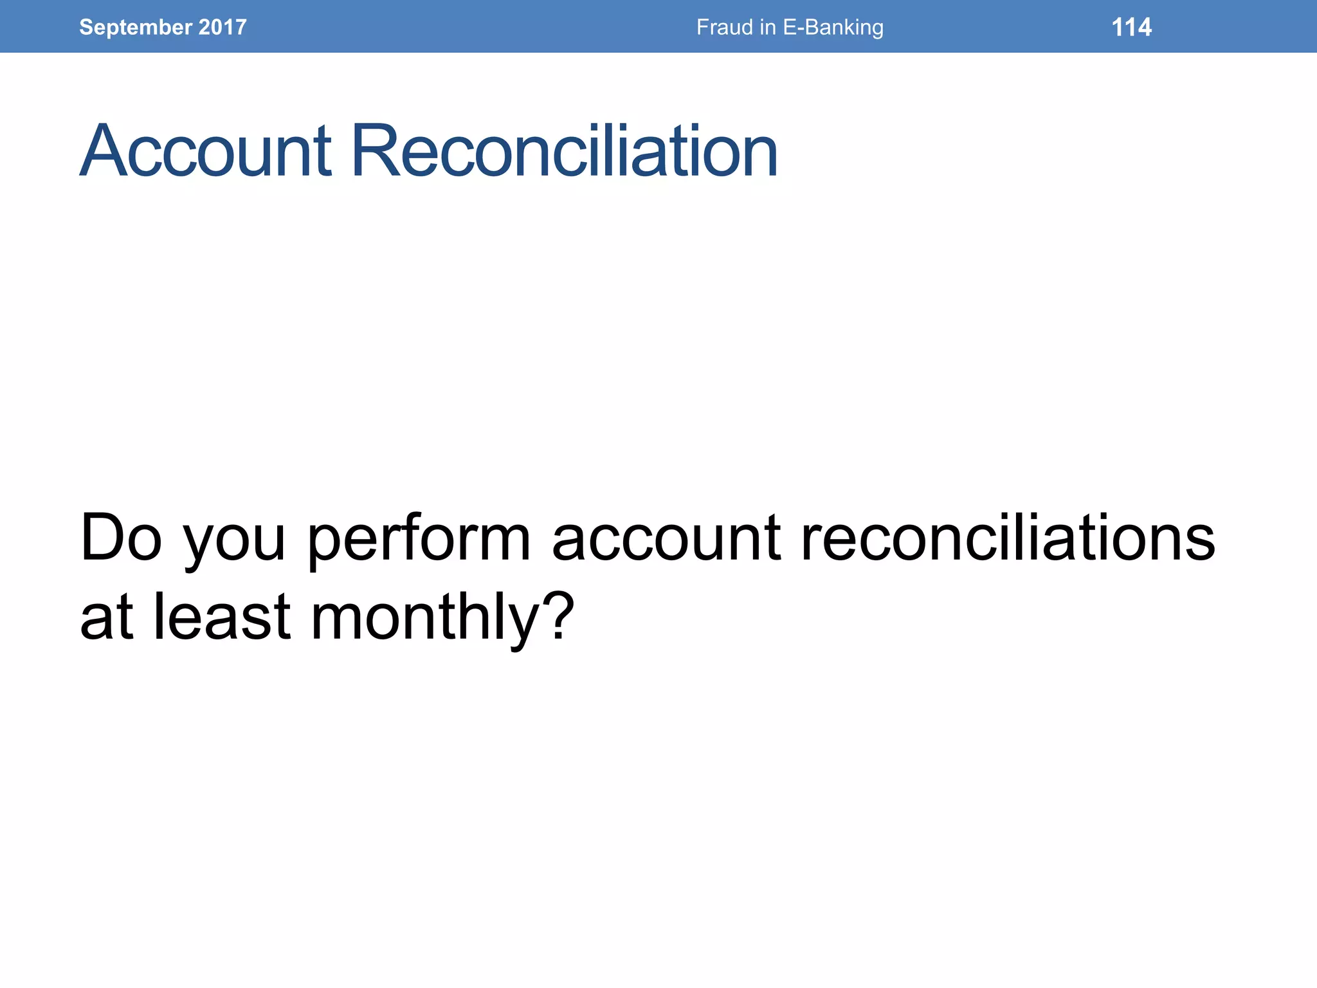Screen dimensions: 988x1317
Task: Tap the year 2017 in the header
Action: [223, 27]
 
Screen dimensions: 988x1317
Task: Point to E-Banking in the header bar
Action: [833, 27]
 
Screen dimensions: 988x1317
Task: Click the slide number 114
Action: [1131, 27]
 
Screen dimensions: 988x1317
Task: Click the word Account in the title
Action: [206, 151]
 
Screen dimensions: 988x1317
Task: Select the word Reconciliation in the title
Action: [565, 151]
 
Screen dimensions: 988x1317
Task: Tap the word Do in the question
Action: [121, 538]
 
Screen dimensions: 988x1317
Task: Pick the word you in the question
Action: [235, 544]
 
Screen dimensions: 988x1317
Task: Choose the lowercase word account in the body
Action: [667, 538]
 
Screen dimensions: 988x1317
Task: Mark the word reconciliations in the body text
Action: [1008, 538]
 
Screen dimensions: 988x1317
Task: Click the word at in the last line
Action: [107, 617]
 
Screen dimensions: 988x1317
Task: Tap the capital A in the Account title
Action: [106, 151]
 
